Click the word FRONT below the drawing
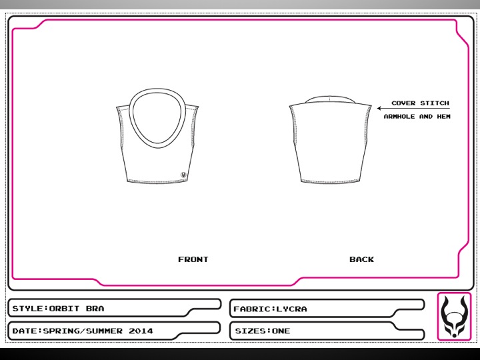coord(193,259)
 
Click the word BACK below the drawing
coord(361,259)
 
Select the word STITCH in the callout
coord(435,103)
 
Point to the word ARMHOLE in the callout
coord(399,117)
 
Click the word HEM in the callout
coord(443,117)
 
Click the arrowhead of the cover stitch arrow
coord(379,108)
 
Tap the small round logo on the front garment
coord(183,175)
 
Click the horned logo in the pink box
coord(454,317)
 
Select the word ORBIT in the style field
coord(64,308)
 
